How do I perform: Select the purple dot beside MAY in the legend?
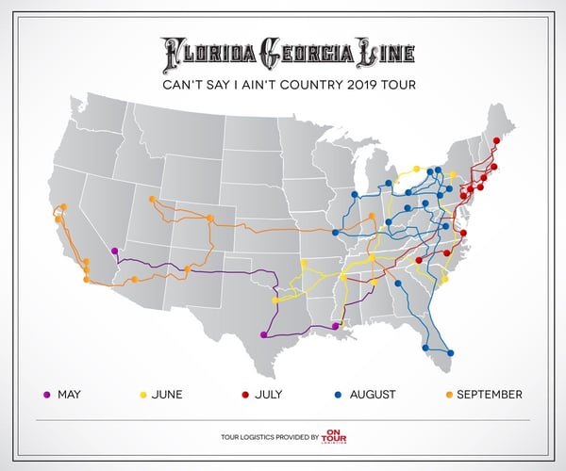(47, 394)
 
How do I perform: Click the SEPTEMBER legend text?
(489, 394)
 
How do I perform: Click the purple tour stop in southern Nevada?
(114, 251)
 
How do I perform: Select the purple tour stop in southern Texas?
(263, 334)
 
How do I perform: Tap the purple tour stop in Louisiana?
(337, 326)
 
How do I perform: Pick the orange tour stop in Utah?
(151, 199)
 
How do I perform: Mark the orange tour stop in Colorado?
(209, 219)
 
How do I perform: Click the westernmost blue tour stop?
(335, 232)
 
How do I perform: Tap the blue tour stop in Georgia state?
(398, 283)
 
